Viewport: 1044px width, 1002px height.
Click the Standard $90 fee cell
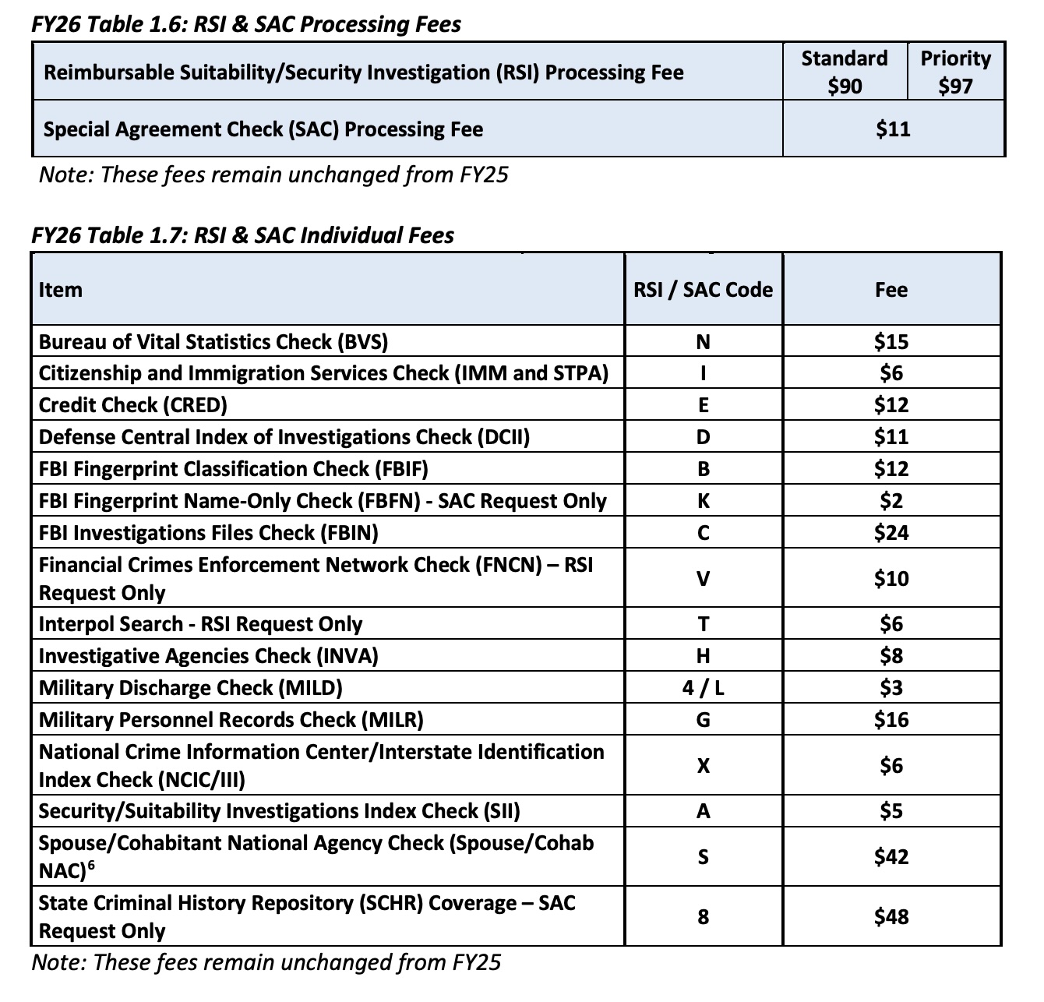click(845, 72)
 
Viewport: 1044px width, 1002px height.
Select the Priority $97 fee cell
click(956, 72)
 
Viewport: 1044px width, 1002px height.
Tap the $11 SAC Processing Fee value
click(893, 129)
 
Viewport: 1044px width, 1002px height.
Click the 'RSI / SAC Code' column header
click(703, 290)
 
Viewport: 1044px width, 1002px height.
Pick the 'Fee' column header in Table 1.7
click(891, 290)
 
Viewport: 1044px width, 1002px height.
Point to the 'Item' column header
click(61, 290)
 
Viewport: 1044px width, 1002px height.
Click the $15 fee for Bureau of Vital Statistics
click(891, 342)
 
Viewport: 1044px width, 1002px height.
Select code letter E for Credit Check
click(703, 405)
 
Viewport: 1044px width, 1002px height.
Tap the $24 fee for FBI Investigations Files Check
click(891, 533)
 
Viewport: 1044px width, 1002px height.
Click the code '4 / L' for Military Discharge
click(703, 688)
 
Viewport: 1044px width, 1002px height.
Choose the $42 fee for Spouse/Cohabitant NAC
click(891, 857)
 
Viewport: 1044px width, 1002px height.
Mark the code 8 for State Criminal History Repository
click(703, 917)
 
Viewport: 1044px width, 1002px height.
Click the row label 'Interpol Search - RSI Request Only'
click(200, 624)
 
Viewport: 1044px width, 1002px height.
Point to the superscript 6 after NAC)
click(91, 865)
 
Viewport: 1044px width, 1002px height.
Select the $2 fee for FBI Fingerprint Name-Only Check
click(891, 501)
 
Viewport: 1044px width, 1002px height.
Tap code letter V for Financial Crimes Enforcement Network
click(703, 579)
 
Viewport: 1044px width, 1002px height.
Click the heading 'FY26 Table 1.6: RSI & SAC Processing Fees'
click(246, 24)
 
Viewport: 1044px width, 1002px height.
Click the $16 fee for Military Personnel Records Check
click(891, 720)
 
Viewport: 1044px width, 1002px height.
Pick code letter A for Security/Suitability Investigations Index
click(703, 812)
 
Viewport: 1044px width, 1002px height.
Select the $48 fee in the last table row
click(891, 917)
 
